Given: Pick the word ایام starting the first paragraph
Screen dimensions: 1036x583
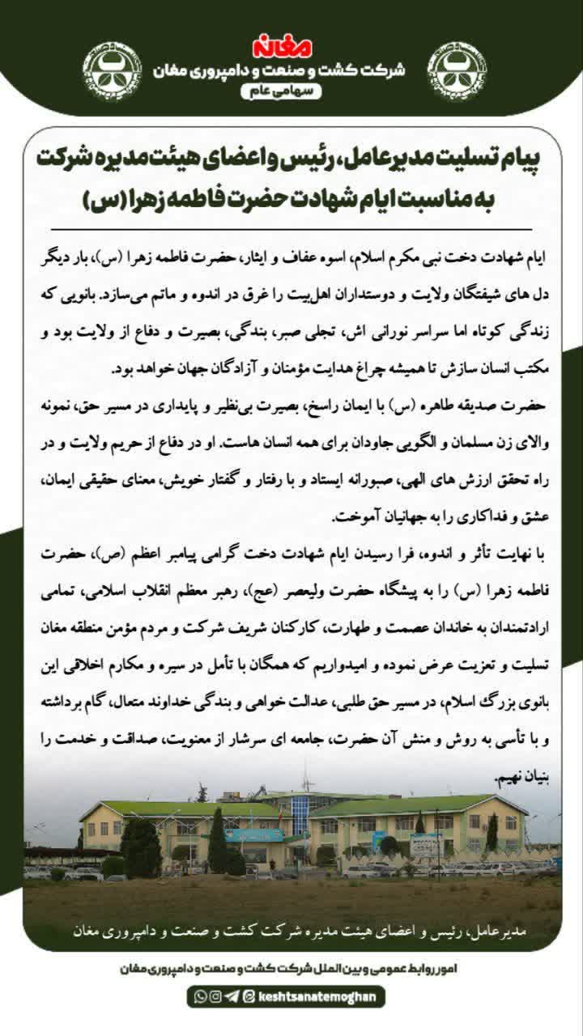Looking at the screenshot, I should pos(530,257).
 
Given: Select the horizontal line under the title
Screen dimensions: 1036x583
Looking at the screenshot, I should pos(291,230).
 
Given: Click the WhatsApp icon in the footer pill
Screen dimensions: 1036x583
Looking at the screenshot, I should pos(201,996).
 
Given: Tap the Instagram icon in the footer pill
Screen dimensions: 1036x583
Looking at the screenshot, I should pos(215,996).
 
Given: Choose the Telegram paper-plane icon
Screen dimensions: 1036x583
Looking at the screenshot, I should pos(231,996).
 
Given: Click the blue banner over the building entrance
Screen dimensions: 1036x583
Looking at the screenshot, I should pos(254,835).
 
